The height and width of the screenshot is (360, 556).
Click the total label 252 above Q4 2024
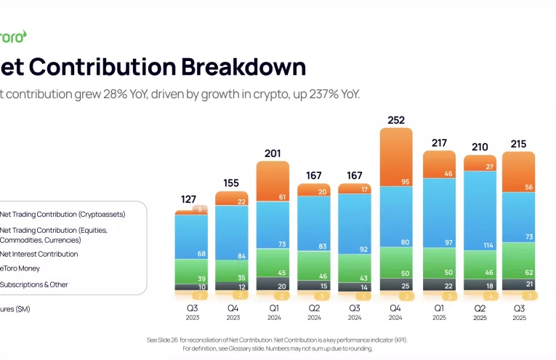(x=396, y=120)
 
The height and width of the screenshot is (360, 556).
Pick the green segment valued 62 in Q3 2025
(x=519, y=260)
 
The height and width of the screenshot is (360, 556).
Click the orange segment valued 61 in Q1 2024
(x=273, y=181)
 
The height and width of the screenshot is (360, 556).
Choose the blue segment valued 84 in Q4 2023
(x=232, y=233)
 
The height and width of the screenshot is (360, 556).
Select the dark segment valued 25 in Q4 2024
(x=396, y=285)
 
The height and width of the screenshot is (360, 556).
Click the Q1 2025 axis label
(x=438, y=312)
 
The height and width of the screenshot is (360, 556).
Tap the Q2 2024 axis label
(x=314, y=312)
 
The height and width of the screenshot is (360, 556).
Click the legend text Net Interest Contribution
(x=39, y=255)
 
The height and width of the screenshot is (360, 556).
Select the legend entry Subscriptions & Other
(x=34, y=284)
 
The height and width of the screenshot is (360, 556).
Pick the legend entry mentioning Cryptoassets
(x=63, y=215)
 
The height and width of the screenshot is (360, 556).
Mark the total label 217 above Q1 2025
(x=438, y=143)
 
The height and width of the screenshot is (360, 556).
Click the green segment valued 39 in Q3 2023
(x=190, y=271)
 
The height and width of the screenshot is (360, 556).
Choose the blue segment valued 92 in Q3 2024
(x=355, y=228)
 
